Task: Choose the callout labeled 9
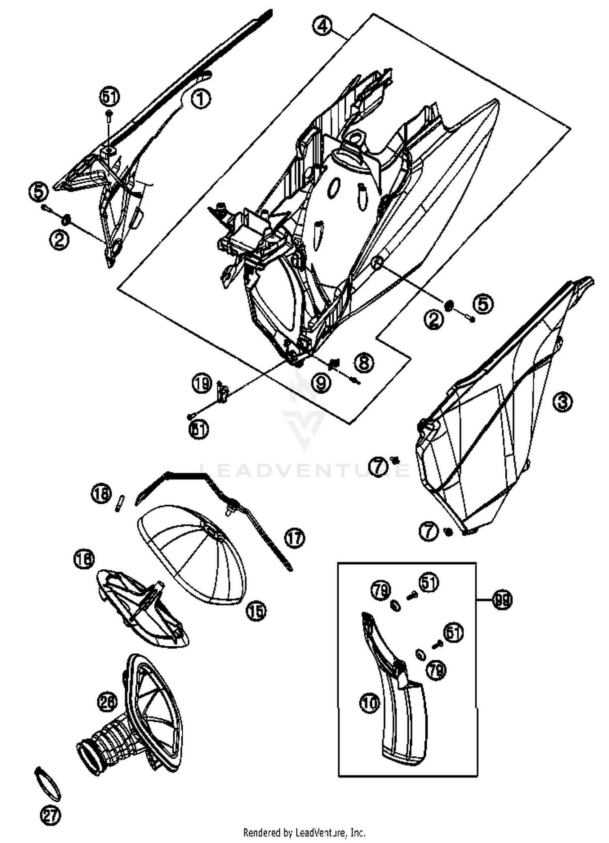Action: pos(321,382)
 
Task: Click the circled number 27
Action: pos(50,815)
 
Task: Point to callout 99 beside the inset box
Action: pos(503,599)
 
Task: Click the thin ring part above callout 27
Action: pos(48,783)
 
